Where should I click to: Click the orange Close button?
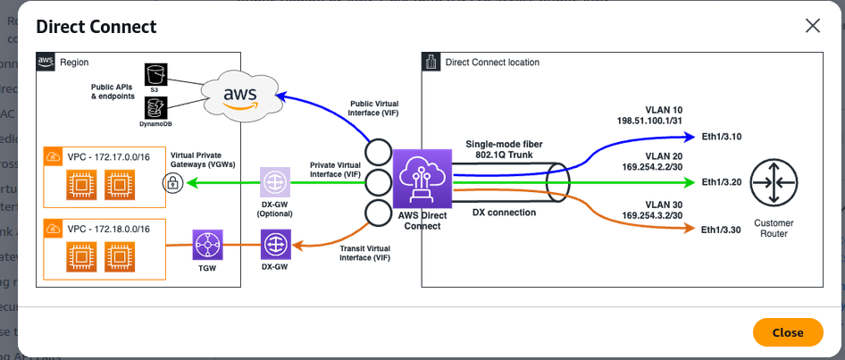click(x=787, y=332)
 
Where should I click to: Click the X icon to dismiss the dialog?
click(x=812, y=26)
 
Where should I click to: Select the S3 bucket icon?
click(x=155, y=75)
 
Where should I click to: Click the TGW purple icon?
click(x=207, y=242)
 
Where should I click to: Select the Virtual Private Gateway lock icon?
click(x=171, y=183)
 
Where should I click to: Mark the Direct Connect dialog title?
click(x=96, y=27)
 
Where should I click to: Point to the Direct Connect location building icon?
click(x=431, y=62)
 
